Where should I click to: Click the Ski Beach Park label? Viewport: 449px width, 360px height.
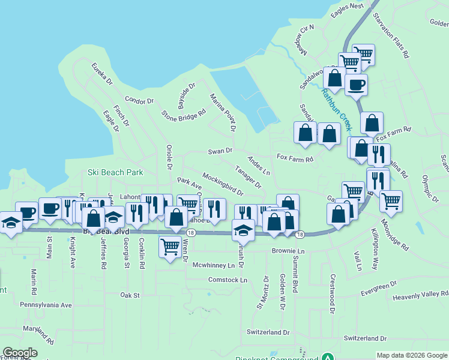pyautogui.click(x=115, y=172)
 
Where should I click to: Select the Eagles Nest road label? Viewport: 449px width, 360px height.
pyautogui.click(x=348, y=6)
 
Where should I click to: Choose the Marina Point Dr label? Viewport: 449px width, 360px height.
pyautogui.click(x=222, y=112)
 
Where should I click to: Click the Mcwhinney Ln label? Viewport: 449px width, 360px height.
pyautogui.click(x=213, y=265)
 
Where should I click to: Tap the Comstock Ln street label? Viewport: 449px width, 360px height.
pyautogui.click(x=228, y=280)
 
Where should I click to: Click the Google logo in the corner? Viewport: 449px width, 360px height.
pyautogui.click(x=20, y=353)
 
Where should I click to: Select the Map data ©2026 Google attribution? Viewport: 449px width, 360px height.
pyautogui.click(x=412, y=355)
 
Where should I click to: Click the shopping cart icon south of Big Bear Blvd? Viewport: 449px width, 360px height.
pyautogui.click(x=170, y=246)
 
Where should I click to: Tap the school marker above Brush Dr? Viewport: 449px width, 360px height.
pyautogui.click(x=243, y=230)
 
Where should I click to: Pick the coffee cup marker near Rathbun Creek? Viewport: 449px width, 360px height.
pyautogui.click(x=356, y=85)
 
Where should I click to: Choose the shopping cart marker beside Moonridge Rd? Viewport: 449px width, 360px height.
pyautogui.click(x=391, y=201)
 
